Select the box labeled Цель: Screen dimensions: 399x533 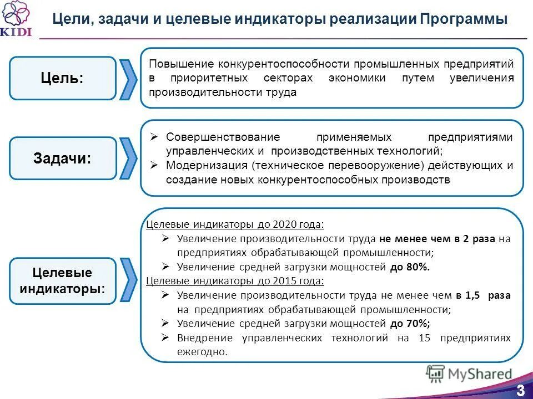click(x=62, y=78)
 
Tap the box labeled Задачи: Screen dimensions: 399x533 click(x=62, y=158)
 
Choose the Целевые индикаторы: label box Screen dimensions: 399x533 click(x=62, y=281)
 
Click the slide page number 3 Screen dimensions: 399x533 click(x=520, y=389)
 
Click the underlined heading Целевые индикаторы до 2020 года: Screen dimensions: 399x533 click(x=235, y=224)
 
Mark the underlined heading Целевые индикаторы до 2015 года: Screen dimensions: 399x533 click(x=235, y=281)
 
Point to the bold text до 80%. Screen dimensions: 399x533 click(x=410, y=267)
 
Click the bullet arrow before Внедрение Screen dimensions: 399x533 click(x=165, y=337)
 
